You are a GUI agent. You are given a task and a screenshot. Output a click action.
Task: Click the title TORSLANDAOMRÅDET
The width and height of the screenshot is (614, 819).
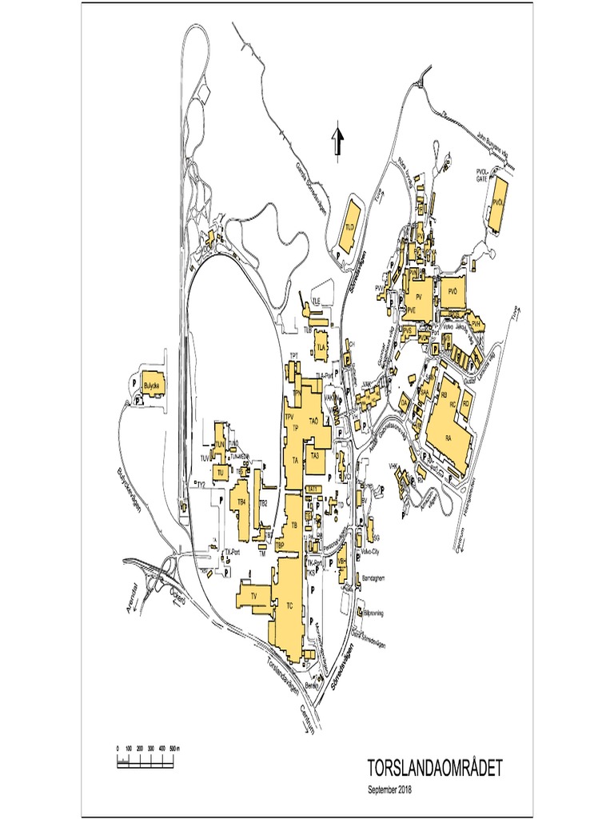[x=435, y=769]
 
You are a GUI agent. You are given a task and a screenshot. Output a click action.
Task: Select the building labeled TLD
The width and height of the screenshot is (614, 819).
[x=349, y=226]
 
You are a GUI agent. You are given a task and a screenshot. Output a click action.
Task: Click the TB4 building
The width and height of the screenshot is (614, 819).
[x=241, y=503]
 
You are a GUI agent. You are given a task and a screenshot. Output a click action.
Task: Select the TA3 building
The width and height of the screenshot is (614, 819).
[x=315, y=455]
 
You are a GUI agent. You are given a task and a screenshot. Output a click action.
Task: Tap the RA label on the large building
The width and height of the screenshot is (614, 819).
[x=449, y=438]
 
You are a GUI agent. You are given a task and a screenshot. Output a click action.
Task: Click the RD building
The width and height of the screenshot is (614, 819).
[x=464, y=404]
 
